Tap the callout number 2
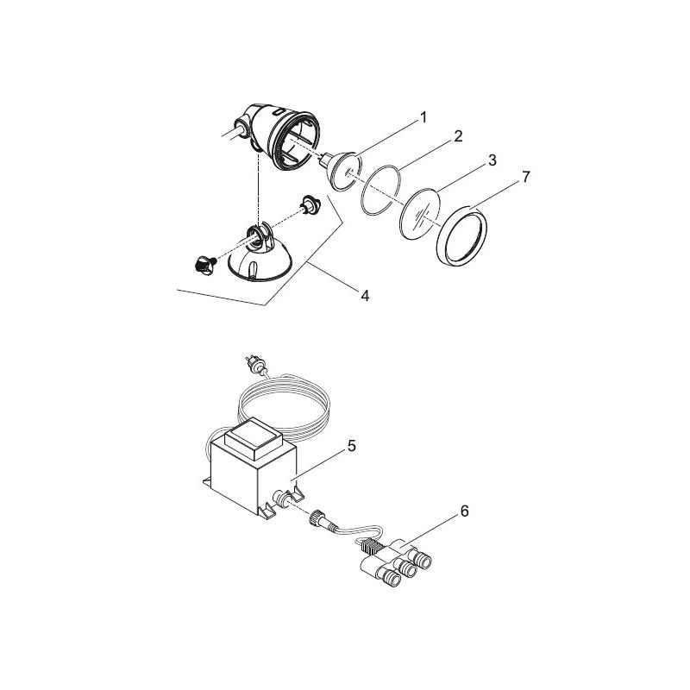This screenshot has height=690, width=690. coord(458,136)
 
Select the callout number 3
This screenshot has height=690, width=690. coord(491,160)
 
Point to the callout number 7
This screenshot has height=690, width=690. coord(525,176)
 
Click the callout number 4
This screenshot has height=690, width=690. coord(364,296)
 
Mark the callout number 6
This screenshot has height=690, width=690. coord(464,511)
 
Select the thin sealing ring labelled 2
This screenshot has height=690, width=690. coord(382,189)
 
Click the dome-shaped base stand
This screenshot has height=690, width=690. coord(259,259)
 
